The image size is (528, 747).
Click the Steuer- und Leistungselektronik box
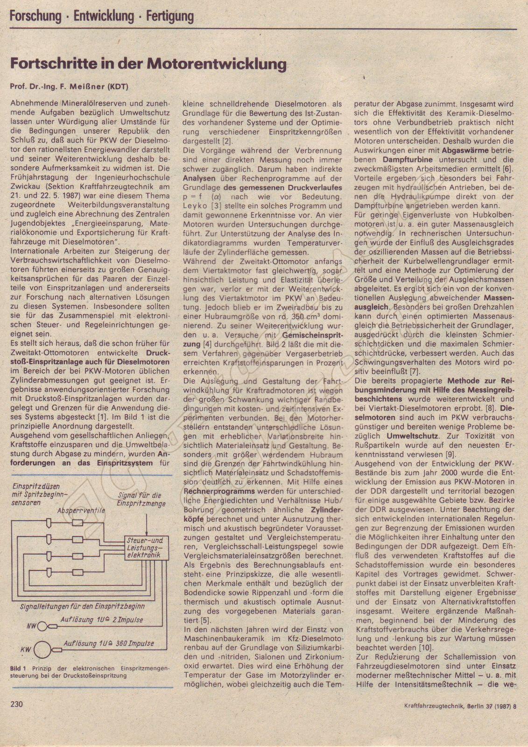[144, 548]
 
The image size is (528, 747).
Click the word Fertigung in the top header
[170, 17]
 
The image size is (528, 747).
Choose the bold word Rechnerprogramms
[219, 491]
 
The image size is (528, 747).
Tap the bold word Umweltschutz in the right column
[418, 436]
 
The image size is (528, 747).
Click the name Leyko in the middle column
[195, 206]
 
